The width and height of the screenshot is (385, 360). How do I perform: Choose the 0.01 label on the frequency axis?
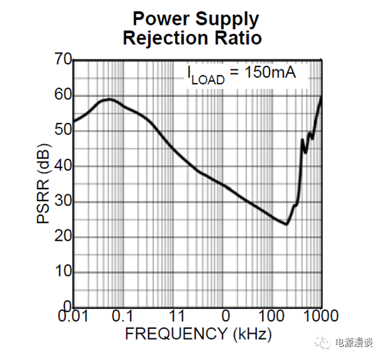74,316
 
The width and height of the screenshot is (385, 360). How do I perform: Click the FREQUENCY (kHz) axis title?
198,334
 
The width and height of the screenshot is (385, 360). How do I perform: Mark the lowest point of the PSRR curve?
286,224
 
